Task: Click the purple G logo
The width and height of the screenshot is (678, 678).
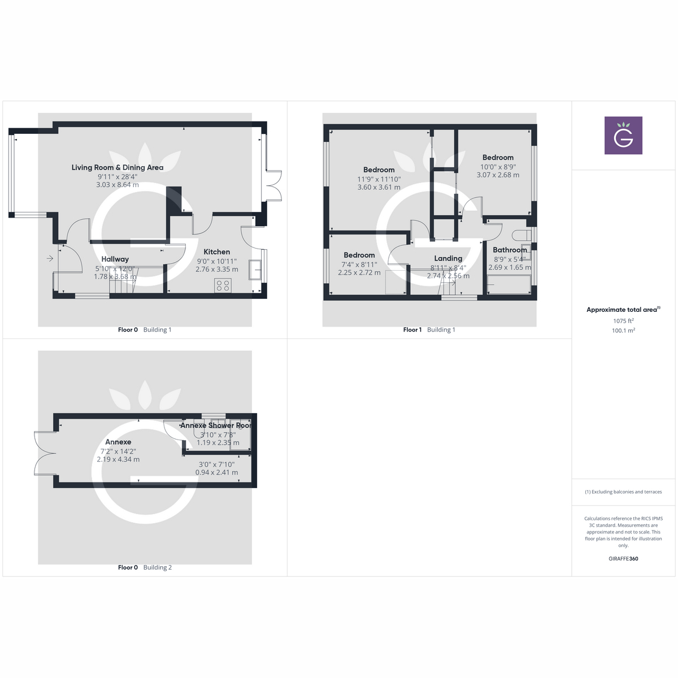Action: tap(623, 136)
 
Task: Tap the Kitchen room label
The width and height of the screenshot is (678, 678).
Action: tap(217, 252)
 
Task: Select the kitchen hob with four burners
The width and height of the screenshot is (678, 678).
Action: tap(223, 285)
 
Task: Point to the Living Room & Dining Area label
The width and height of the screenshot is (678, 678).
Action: tap(118, 168)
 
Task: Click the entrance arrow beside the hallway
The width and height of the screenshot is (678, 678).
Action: tap(50, 259)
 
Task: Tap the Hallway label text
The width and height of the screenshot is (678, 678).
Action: tap(115, 259)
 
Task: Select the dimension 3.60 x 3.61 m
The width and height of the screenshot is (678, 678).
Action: tap(379, 188)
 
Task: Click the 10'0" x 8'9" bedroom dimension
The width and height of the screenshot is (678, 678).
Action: tap(498, 167)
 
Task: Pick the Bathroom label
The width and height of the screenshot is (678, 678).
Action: tap(510, 250)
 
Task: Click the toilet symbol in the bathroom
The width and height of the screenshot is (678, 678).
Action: tap(520, 234)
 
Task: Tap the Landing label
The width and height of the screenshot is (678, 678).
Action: tap(448, 259)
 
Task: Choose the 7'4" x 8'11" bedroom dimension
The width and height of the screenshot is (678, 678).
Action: tap(359, 264)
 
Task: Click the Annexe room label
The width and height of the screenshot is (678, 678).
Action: tap(118, 442)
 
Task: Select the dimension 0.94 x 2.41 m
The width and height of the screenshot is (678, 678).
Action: tap(216, 472)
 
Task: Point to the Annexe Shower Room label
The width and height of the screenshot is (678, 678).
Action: tap(216, 425)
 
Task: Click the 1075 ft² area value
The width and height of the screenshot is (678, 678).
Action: tap(623, 321)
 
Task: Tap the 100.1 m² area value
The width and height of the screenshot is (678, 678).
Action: tap(623, 331)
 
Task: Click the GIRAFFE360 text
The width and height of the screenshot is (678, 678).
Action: tap(623, 559)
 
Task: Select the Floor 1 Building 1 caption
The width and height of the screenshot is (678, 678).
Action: tap(429, 330)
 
